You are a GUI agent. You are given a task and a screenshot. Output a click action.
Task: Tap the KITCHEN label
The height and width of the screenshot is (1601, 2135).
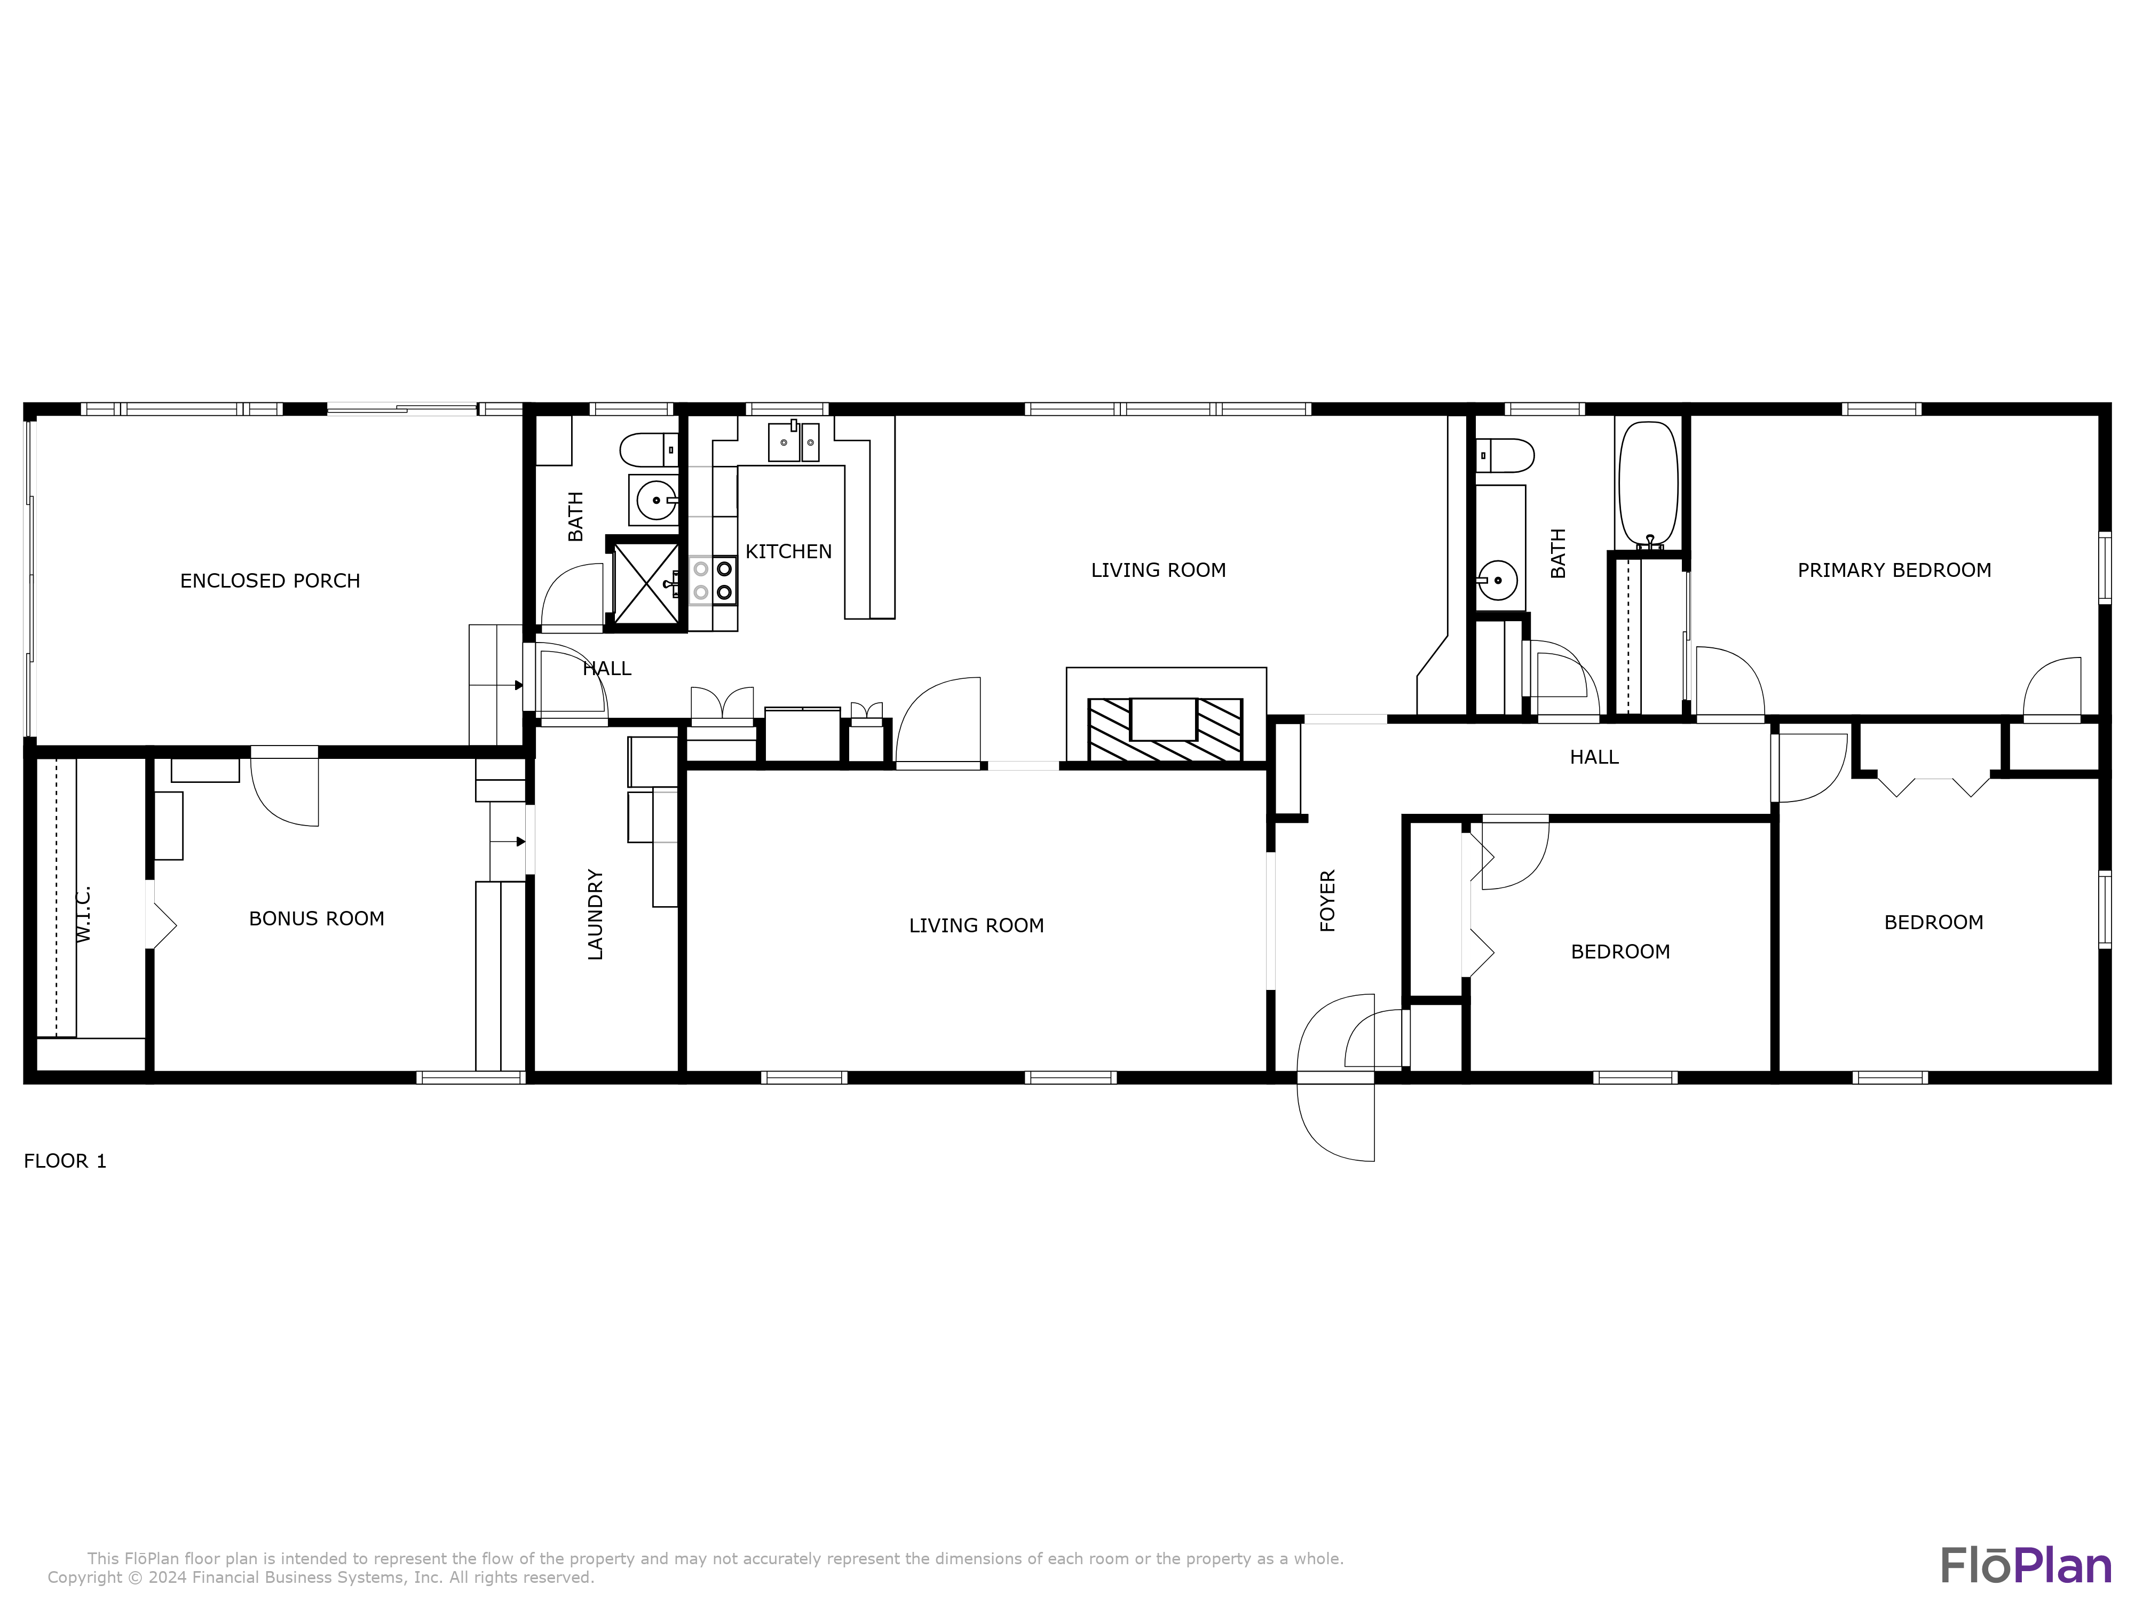(x=788, y=552)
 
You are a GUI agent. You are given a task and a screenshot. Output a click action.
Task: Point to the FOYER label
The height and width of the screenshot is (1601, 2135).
(x=1327, y=900)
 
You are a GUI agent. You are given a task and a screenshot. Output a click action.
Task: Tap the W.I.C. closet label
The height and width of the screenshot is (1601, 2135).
(x=83, y=913)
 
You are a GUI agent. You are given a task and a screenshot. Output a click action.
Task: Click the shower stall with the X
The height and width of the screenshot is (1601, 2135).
(x=645, y=583)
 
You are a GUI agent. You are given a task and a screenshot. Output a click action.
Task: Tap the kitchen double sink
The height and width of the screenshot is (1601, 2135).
(x=793, y=442)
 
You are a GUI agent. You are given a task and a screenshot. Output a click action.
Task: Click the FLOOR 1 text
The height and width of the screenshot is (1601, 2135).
(x=65, y=1161)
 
